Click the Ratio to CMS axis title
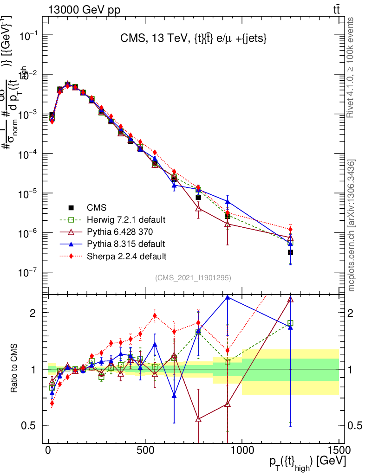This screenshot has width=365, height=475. tap(14, 369)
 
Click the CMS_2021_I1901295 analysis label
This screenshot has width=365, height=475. tap(193, 278)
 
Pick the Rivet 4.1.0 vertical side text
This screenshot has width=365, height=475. tap(351, 67)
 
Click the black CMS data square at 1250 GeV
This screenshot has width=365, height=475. tap(290, 252)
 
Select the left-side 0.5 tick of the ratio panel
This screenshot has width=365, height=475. tap(31, 425)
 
